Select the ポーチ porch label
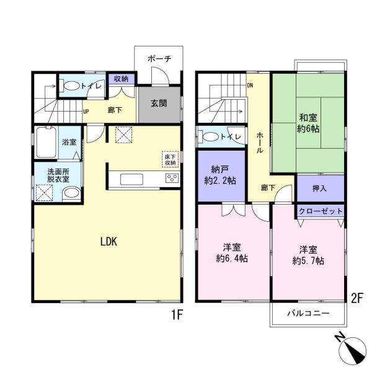click(x=159, y=58)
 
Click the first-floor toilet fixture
click(x=71, y=86)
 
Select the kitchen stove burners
click(x=171, y=179)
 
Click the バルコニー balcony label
click(x=308, y=314)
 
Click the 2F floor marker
click(x=356, y=297)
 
